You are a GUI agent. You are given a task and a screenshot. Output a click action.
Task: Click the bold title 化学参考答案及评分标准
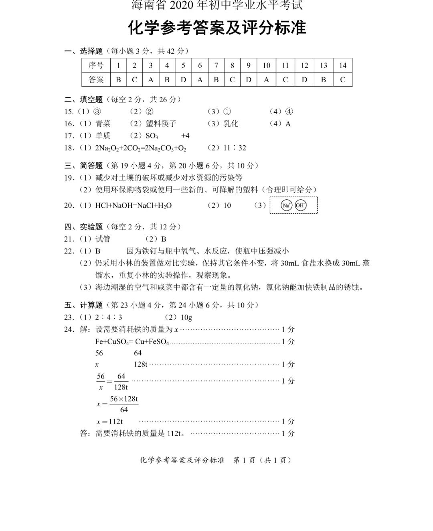point(217,28)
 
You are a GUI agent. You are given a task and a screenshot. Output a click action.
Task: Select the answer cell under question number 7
point(216,79)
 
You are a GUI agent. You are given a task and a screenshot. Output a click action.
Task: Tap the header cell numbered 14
point(342,65)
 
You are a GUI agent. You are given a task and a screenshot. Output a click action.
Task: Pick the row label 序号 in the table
point(96,65)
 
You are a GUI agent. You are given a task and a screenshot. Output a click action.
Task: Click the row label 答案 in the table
point(96,79)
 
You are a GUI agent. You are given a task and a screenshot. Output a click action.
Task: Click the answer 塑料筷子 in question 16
point(161,124)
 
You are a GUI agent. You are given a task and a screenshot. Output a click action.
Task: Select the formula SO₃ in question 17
point(152,136)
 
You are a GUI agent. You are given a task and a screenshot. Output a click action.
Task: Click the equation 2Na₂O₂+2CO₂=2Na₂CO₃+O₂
point(140,148)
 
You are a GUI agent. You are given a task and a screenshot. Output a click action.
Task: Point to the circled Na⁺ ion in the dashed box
point(286,205)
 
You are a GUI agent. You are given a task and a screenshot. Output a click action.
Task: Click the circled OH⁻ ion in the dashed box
point(300,205)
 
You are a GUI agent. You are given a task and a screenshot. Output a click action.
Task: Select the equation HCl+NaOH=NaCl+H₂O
point(133,205)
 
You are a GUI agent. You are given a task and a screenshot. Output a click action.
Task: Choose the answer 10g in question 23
point(186,317)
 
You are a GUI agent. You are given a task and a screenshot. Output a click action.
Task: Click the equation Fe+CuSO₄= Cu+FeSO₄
point(132,342)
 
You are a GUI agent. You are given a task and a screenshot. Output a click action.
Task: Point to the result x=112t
point(109,422)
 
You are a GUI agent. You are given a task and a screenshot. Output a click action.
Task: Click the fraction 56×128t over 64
point(123,404)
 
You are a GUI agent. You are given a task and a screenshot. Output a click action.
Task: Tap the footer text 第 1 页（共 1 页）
point(262,460)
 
